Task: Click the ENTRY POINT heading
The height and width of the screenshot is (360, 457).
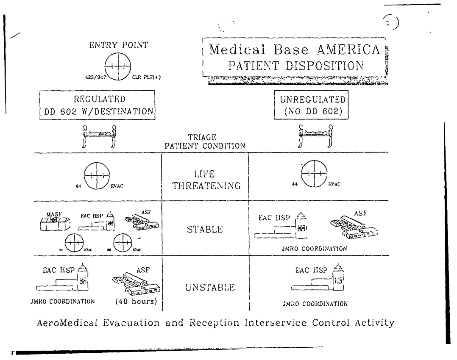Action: click(118, 46)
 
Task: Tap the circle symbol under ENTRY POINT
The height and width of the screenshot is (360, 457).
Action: click(118, 68)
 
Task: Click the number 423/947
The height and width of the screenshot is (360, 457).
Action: click(96, 78)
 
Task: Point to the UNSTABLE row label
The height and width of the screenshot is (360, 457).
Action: click(205, 288)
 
